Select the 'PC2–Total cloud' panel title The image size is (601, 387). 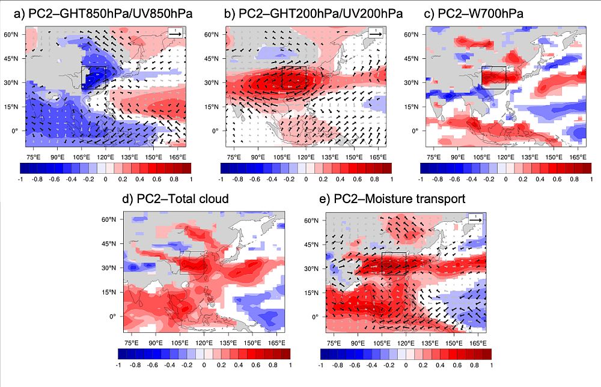tap(176, 199)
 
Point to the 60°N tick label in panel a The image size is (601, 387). tap(13, 35)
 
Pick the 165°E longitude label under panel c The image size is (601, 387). tap(578, 156)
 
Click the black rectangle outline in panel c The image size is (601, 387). tap(494, 78)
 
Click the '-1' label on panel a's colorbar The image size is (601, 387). tap(20, 179)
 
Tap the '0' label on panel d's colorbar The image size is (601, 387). tap(204, 365)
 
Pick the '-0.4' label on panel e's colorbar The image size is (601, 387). tap(371, 365)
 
